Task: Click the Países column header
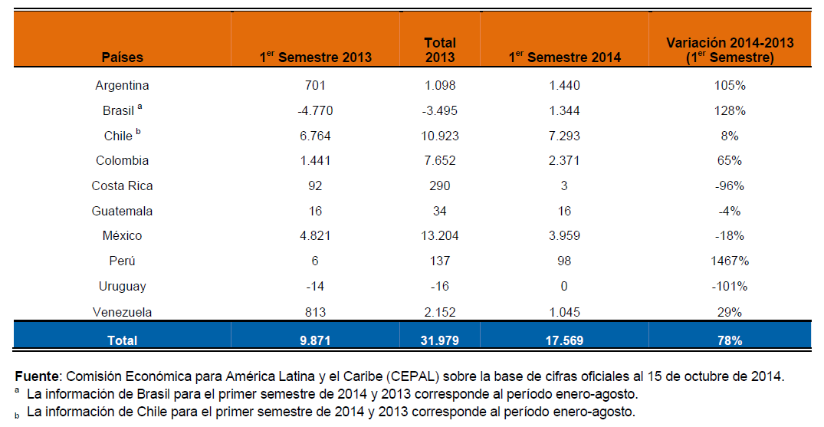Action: tap(122, 57)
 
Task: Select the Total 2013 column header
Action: tap(440, 50)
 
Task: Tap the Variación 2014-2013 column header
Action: tap(730, 50)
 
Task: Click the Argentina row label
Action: tap(122, 85)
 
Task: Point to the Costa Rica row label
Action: tap(122, 186)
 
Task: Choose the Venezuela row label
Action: tap(122, 312)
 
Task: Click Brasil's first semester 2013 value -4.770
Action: tap(315, 110)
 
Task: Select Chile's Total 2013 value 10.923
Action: tap(440, 136)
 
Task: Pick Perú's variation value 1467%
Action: tap(730, 261)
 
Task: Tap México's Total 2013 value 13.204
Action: tap(440, 235)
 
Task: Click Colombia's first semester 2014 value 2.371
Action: tap(564, 160)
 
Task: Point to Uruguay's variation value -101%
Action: tap(730, 286)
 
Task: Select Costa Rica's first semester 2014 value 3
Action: tap(564, 186)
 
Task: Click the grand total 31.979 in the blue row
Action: tap(440, 340)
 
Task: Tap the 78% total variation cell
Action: tap(730, 340)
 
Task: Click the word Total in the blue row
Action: tap(122, 340)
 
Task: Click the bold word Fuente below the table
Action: tap(38, 376)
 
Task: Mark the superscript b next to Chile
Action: tap(138, 131)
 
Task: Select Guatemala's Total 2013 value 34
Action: tap(440, 211)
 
